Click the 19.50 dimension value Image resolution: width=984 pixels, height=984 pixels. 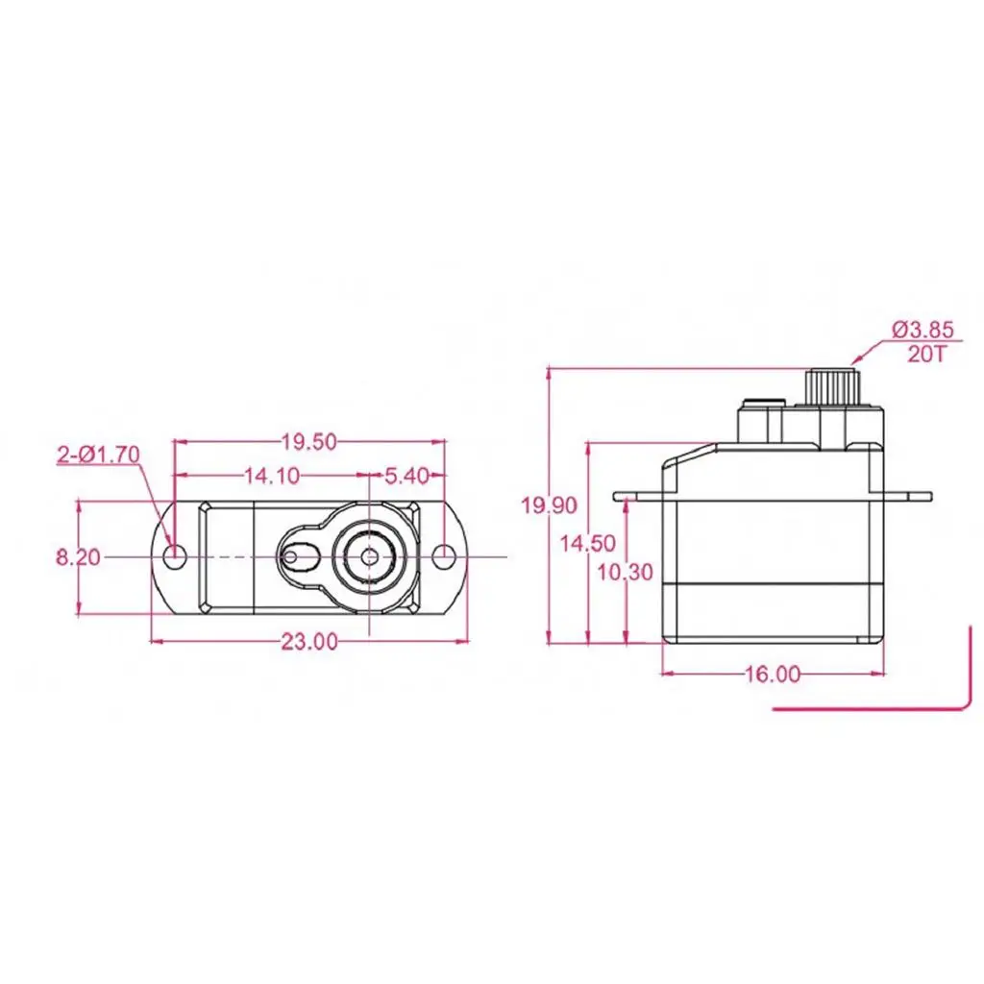308,442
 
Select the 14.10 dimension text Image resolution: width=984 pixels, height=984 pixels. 271,475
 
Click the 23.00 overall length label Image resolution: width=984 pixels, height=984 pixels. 308,642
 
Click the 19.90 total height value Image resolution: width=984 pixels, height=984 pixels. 550,505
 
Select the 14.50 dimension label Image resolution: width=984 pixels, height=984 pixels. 587,543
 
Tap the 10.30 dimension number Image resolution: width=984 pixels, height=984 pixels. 625,573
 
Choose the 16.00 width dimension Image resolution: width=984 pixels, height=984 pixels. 772,675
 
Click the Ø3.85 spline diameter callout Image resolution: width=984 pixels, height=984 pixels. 922,330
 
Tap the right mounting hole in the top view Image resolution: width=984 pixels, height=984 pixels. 443,556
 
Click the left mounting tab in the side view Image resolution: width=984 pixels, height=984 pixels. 638,497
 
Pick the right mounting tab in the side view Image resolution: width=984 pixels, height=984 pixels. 907,497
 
